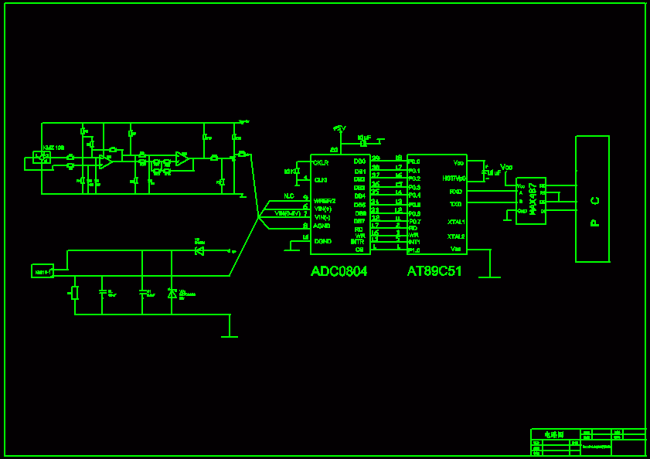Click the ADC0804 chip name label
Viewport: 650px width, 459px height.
(x=339, y=271)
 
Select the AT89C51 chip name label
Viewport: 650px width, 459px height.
(x=434, y=271)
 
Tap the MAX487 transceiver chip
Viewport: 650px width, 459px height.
(x=531, y=201)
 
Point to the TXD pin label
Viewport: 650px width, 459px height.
(x=456, y=204)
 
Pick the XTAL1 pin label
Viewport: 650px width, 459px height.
(x=456, y=222)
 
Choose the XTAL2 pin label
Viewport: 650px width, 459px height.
(x=456, y=236)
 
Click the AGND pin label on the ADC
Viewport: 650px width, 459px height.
(x=322, y=226)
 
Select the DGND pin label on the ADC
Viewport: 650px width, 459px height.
(x=322, y=241)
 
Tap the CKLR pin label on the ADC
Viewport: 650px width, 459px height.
(x=321, y=163)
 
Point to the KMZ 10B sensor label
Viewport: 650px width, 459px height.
(x=53, y=147)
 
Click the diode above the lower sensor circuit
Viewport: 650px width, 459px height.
(x=199, y=250)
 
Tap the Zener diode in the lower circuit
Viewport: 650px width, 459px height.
(x=172, y=294)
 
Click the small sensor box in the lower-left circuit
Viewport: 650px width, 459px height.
(x=43, y=271)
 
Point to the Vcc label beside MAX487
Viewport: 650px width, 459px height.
(x=507, y=167)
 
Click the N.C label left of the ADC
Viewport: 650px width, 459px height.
(x=289, y=196)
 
